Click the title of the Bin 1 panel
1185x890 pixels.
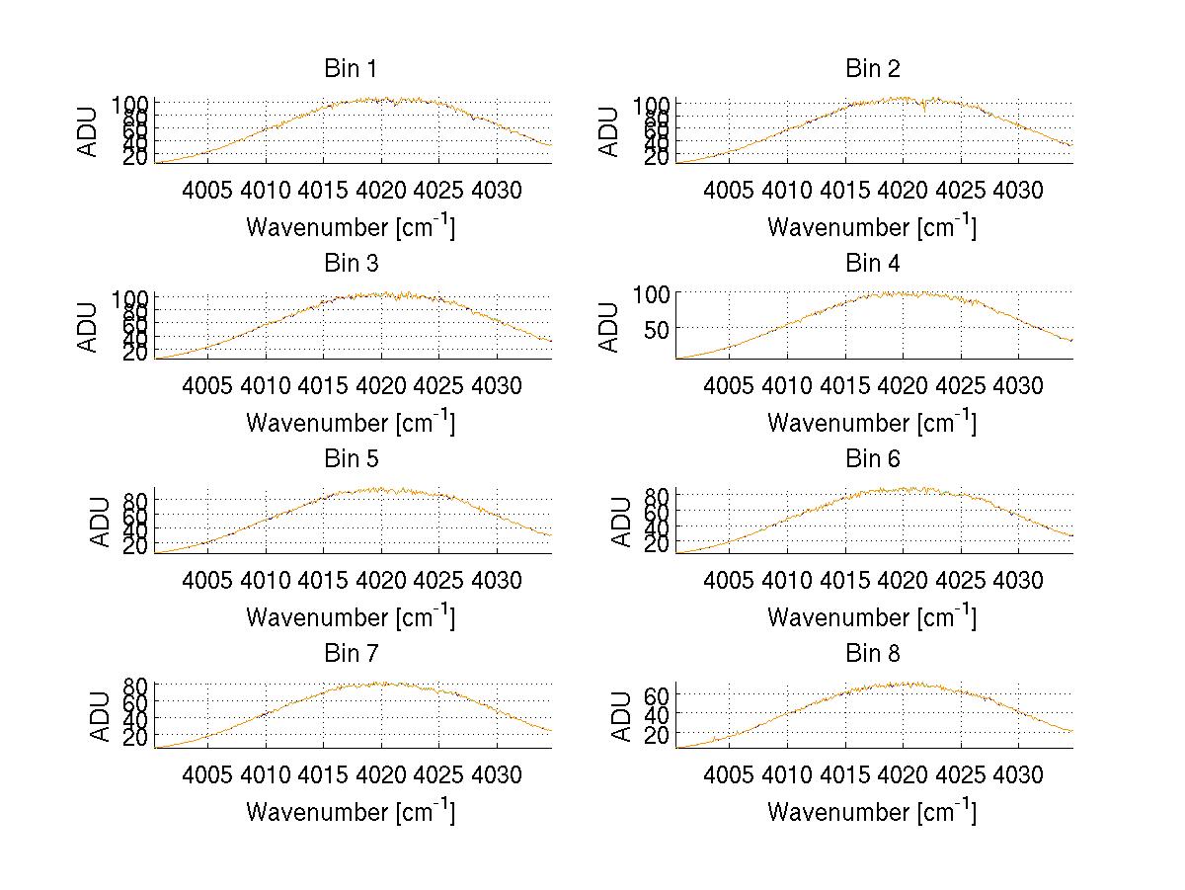(x=351, y=69)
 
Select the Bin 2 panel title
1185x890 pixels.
(x=873, y=69)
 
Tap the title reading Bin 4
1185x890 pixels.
(x=873, y=264)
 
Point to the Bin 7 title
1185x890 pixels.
(x=351, y=654)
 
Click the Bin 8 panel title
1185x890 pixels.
(x=873, y=654)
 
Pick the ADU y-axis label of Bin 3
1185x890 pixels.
(x=89, y=327)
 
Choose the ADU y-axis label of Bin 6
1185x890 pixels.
(x=621, y=522)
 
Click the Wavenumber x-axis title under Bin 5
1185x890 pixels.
(x=351, y=617)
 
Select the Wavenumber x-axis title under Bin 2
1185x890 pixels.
(x=872, y=227)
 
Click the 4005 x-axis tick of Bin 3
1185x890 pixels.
(x=207, y=384)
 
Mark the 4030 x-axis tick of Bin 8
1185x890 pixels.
(x=1017, y=774)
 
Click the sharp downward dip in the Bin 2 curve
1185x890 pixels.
(x=925, y=112)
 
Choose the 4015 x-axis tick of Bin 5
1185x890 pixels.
(x=323, y=580)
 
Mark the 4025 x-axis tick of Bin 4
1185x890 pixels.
(x=960, y=384)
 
